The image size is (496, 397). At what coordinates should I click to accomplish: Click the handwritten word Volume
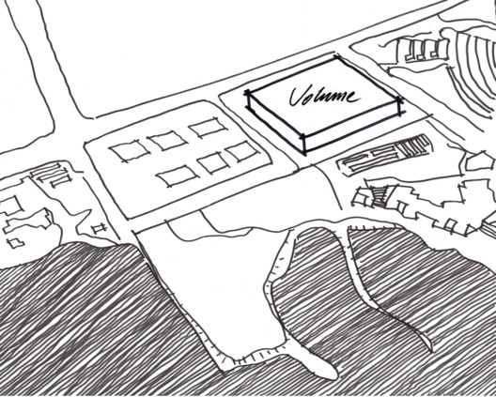coord(324,96)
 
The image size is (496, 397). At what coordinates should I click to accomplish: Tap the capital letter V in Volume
coord(298,96)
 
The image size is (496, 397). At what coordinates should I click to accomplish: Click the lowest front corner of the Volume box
coord(304,154)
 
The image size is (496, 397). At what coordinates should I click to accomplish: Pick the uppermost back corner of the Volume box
coord(335,57)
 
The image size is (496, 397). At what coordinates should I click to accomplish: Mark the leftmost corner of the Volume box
coord(247,93)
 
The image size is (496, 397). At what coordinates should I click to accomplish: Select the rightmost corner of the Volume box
coord(400,100)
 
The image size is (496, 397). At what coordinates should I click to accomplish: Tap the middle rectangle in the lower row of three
coord(213,162)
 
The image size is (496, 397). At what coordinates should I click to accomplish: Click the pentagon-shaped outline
coord(479,161)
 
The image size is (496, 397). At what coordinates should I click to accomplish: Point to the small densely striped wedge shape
coord(380,196)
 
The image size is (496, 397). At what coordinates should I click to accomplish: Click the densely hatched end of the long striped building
coord(413,146)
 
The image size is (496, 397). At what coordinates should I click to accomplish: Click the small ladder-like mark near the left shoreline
coord(100,228)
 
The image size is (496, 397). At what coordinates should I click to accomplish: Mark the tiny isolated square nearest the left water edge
coord(15,243)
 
